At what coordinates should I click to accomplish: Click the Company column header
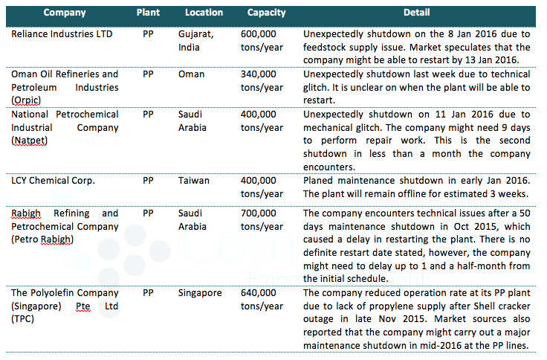[65, 13]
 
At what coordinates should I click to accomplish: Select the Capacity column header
[266, 13]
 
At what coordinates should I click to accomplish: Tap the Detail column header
[416, 13]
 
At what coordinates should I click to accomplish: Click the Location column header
[204, 13]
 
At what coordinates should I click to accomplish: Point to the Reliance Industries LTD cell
[62, 34]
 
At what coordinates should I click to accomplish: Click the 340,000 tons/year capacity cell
[262, 80]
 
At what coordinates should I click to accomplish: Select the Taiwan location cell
[194, 181]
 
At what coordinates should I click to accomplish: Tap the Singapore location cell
[200, 293]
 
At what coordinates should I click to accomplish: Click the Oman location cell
[191, 74]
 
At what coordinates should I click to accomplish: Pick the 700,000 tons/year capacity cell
[262, 219]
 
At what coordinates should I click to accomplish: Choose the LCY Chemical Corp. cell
[53, 181]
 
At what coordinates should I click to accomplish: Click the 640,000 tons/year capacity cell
[262, 299]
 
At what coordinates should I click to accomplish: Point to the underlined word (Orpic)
[26, 100]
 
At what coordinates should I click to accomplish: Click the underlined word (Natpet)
[29, 141]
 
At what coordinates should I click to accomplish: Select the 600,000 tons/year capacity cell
[262, 40]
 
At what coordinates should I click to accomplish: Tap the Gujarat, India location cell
[195, 40]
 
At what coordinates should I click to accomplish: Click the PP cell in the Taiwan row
[148, 181]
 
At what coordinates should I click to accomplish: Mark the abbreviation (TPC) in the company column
[23, 319]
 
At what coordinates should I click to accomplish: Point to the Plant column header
[148, 13]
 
